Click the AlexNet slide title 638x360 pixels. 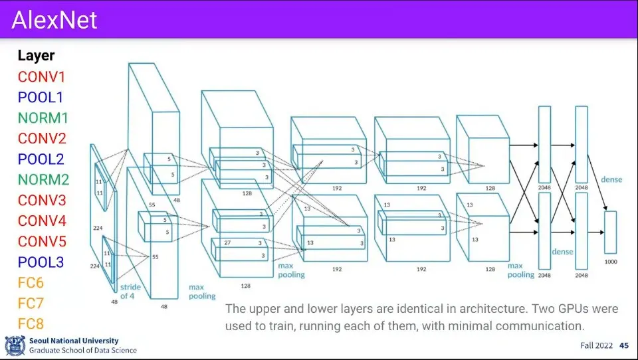point(54,20)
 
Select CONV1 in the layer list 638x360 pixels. point(41,76)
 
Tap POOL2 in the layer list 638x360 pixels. point(41,159)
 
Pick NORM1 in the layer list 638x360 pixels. point(43,118)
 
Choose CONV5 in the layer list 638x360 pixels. point(41,241)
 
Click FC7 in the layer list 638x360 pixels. point(31,303)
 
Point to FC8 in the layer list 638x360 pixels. point(31,324)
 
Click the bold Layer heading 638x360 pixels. point(36,56)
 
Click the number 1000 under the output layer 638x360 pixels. point(611,262)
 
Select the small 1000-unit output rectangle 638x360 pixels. point(611,232)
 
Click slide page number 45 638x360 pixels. point(624,345)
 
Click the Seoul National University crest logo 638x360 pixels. point(15,345)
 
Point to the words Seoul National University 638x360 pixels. point(74,340)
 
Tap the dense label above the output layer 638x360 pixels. point(611,179)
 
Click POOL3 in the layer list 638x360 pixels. point(41,262)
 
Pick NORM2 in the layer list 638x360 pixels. point(43,179)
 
